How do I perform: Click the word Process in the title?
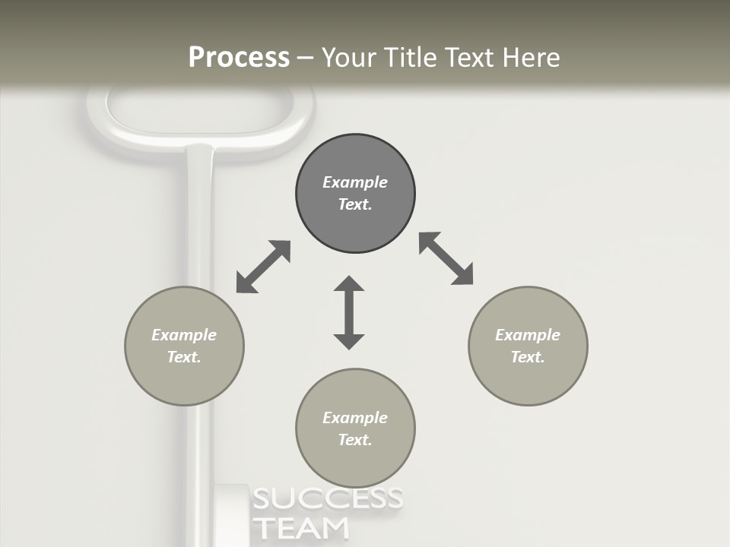[x=239, y=58]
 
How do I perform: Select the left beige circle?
[x=184, y=380]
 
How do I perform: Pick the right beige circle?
[x=528, y=380]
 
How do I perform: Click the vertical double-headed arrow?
[x=349, y=313]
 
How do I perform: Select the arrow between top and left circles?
[x=263, y=267]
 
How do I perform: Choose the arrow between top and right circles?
[x=446, y=258]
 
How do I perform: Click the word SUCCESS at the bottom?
[x=327, y=499]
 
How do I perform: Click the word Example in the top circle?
[x=355, y=182]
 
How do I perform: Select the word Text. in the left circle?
[x=184, y=357]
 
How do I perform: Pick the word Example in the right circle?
[x=528, y=335]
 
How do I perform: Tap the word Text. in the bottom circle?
[x=355, y=440]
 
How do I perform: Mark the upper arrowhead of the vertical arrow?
[x=349, y=285]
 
